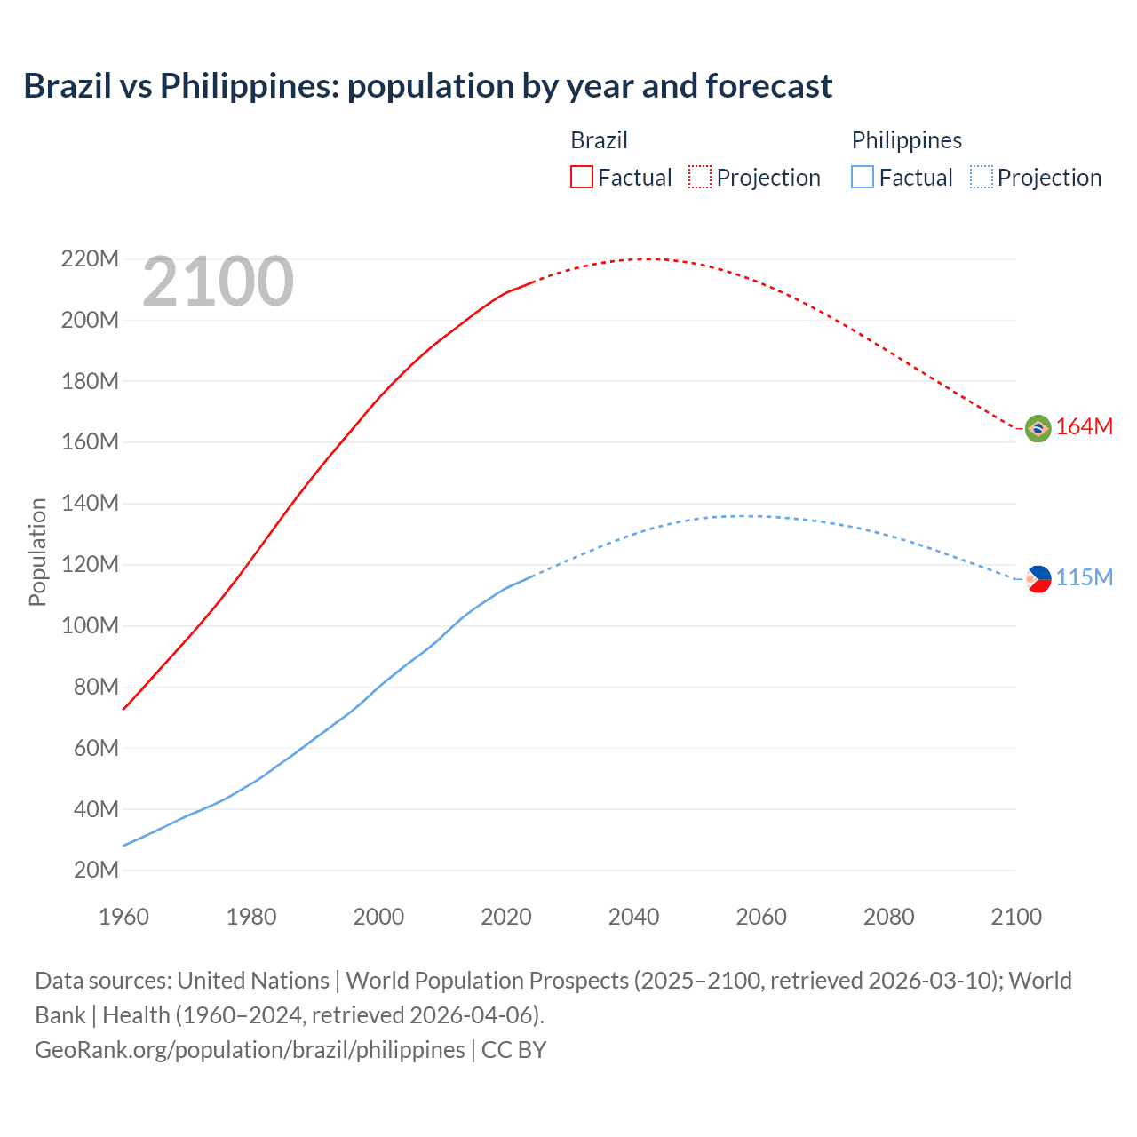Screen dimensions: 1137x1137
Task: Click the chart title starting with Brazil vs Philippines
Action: [x=427, y=86]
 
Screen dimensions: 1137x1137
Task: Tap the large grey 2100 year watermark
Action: [x=218, y=282]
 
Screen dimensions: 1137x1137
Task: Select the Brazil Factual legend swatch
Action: [x=581, y=177]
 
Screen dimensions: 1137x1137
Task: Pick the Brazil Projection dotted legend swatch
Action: [x=700, y=177]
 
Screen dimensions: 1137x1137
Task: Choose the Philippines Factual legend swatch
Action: [x=862, y=177]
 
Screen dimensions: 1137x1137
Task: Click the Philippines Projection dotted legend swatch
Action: [x=981, y=177]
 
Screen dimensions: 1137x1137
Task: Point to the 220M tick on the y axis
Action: [x=90, y=259]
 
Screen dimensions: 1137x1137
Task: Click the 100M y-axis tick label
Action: [x=90, y=625]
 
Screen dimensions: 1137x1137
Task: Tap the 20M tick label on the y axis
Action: [x=96, y=870]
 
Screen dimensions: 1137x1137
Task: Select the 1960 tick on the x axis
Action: [x=123, y=917]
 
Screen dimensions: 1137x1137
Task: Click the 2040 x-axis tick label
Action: [x=633, y=917]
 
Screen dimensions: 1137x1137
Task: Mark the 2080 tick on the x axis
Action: [x=888, y=917]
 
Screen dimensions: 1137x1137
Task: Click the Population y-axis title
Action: [x=37, y=552]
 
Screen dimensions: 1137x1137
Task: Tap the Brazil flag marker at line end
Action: [x=1038, y=428]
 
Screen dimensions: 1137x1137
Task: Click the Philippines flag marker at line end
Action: [x=1038, y=579]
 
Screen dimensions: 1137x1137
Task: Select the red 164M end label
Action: [x=1085, y=427]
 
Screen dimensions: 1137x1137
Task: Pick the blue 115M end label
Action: [x=1085, y=578]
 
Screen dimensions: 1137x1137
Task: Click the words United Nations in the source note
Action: [x=253, y=981]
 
